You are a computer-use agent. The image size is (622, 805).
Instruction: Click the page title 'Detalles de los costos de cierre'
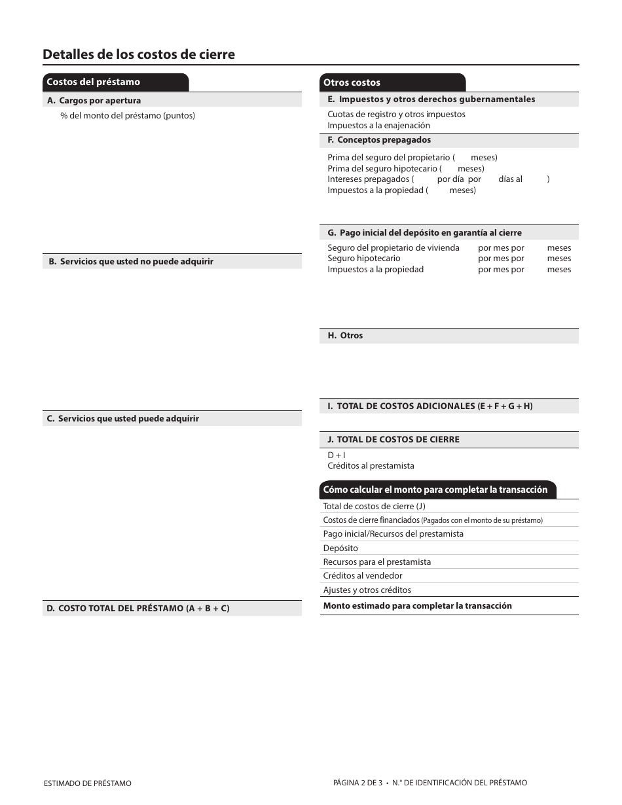139,54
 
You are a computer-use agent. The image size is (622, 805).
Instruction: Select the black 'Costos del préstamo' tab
93,82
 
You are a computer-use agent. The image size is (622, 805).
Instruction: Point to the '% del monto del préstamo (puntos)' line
128,116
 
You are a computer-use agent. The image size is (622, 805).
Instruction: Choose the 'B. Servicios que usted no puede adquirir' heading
130,262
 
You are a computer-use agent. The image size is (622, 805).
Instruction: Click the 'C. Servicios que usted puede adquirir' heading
122,419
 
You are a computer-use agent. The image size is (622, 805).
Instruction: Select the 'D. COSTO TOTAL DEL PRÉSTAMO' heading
137,609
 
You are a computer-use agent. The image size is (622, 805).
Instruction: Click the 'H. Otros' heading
345,336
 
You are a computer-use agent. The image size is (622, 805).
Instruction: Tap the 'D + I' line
337,455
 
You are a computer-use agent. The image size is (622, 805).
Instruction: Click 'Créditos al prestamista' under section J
371,466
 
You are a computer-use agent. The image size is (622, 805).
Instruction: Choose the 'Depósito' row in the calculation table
340,548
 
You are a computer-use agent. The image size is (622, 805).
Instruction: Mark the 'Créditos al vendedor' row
362,576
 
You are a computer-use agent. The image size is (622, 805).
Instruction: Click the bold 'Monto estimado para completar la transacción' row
417,606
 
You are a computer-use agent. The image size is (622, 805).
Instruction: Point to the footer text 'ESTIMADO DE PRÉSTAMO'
87,783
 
